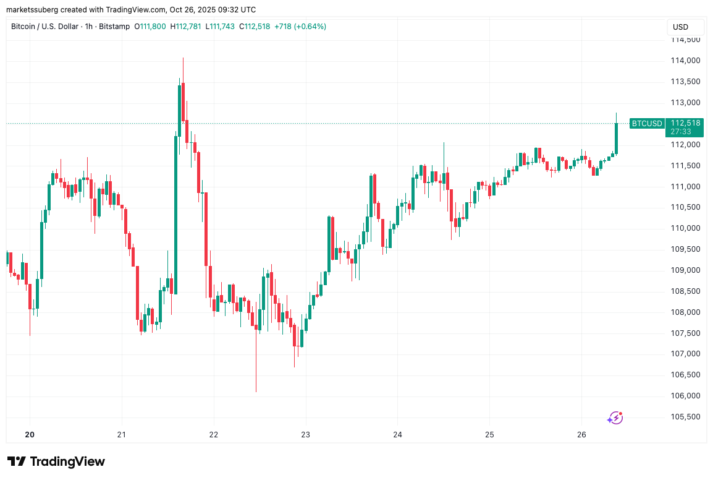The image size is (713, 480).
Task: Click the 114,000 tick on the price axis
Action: click(685, 61)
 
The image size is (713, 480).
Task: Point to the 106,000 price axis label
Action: click(685, 396)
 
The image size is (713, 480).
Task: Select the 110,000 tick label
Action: click(685, 228)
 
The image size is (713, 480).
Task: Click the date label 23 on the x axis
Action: click(305, 435)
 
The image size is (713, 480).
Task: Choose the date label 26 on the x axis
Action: click(581, 435)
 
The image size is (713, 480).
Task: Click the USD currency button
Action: click(685, 27)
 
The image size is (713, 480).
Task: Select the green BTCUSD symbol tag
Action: click(646, 123)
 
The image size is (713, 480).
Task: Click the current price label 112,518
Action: click(685, 123)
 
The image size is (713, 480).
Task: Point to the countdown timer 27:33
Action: click(685, 132)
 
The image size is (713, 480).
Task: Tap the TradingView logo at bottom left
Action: click(56, 461)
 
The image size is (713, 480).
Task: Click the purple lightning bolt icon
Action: click(615, 418)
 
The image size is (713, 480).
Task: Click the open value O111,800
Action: click(150, 27)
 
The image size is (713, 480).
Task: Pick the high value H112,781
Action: click(185, 27)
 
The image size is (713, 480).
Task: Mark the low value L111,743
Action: click(219, 27)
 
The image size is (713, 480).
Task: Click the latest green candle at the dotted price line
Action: click(616, 137)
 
